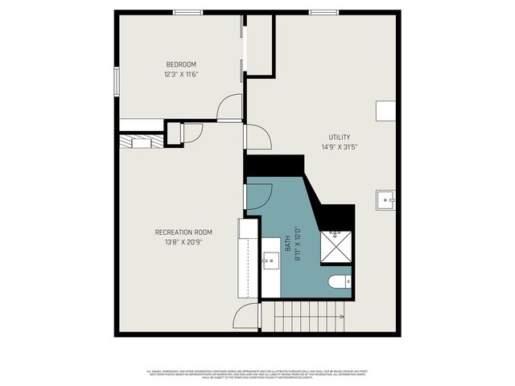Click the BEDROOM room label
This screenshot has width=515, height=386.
point(181,64)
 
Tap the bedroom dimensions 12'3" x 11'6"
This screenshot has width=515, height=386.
point(181,74)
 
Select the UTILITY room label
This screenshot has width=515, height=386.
point(339,137)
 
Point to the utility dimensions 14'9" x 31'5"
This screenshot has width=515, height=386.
point(339,146)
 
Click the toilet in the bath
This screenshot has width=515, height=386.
point(339,282)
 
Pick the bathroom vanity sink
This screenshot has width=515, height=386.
point(270,261)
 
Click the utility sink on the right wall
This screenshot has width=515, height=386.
point(385,199)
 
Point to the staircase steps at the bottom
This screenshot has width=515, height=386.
point(310,318)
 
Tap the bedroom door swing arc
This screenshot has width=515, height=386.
point(230,108)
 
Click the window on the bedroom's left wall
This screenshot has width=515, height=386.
point(117,80)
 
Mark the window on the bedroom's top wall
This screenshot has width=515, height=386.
point(188,12)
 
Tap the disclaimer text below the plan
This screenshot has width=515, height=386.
point(257,374)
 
